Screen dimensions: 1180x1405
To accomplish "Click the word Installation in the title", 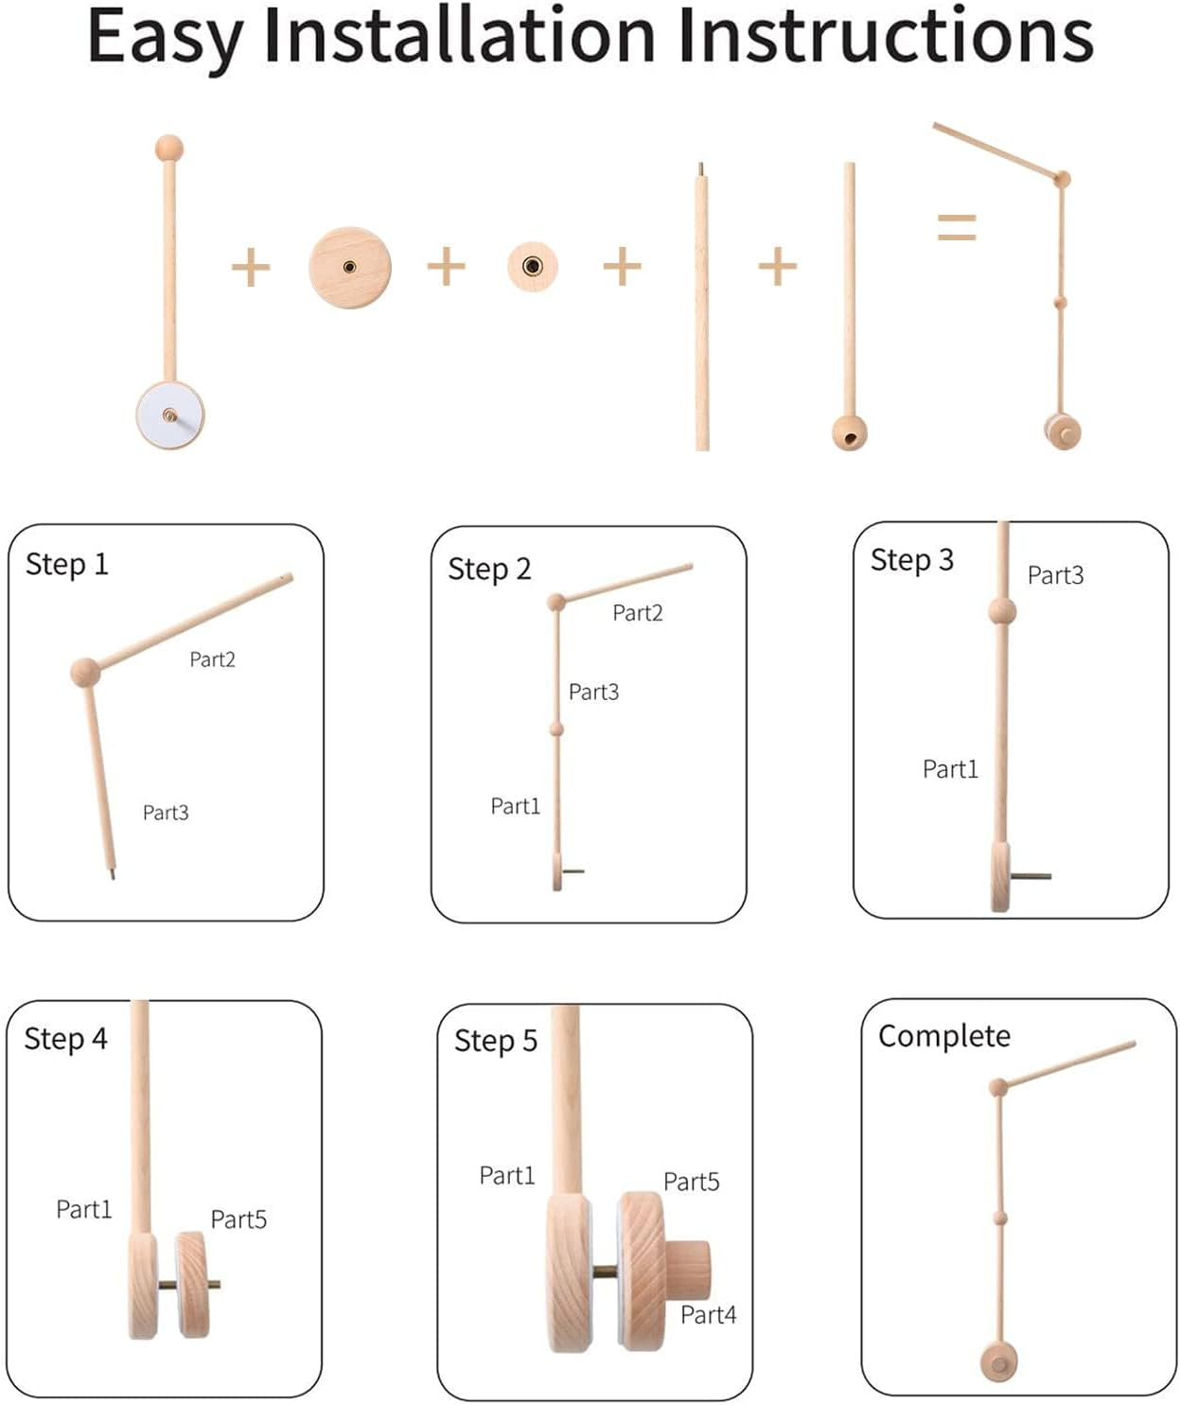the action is (459, 36).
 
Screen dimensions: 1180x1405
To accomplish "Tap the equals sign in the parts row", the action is (957, 227).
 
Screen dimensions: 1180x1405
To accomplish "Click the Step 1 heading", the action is (66, 565).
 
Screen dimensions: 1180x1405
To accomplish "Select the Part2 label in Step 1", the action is (213, 659).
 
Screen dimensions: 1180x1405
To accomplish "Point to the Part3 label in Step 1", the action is (166, 812).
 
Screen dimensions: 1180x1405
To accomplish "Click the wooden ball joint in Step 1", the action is (85, 672).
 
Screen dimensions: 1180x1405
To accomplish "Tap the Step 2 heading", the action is (489, 570).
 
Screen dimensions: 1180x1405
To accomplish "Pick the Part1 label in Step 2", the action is (516, 805).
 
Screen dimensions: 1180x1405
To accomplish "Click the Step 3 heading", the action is (912, 560).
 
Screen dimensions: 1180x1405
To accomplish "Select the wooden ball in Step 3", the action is (1002, 611).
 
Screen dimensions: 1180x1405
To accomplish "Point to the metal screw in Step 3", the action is (1030, 875).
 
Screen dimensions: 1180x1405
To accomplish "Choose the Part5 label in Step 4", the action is (239, 1219).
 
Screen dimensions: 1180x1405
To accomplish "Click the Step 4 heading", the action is (66, 1038).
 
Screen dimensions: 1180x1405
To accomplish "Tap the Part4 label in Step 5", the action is (708, 1314).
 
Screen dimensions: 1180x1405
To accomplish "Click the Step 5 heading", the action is (496, 1041).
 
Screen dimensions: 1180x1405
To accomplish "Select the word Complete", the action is (944, 1036).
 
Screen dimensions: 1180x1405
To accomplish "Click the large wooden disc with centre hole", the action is (350, 267).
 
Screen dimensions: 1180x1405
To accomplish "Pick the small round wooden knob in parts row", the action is (533, 267).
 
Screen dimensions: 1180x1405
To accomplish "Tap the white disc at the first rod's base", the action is (170, 415).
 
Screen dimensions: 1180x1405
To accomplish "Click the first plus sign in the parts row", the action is (251, 267).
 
